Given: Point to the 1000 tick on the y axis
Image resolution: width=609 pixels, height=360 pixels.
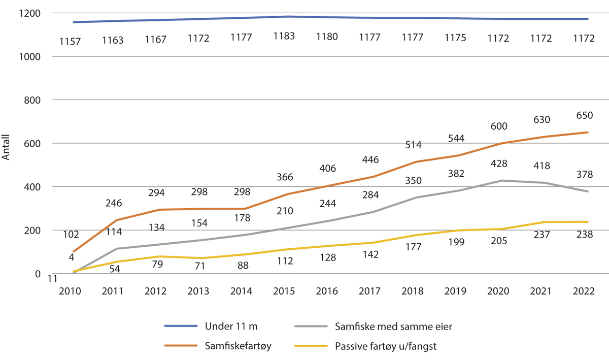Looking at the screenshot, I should point(31,57).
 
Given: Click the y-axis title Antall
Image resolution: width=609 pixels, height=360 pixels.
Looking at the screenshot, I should point(7,150).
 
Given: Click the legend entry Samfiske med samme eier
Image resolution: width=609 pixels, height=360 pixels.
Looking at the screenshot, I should point(393,326).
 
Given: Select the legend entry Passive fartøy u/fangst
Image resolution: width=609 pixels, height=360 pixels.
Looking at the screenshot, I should point(385,346).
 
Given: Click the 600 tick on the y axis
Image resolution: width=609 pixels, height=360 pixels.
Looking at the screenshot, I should point(34,144).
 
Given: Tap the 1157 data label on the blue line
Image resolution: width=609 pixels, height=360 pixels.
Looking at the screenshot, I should point(70,41).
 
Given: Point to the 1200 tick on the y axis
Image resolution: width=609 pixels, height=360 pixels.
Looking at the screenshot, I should point(31,13).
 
